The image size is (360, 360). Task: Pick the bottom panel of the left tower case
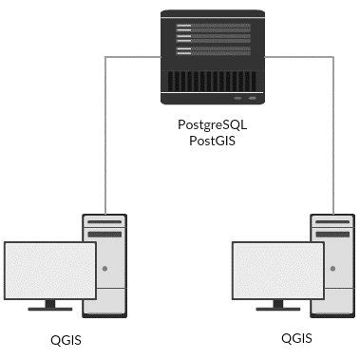click(x=104, y=304)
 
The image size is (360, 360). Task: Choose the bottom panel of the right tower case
click(x=332, y=304)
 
